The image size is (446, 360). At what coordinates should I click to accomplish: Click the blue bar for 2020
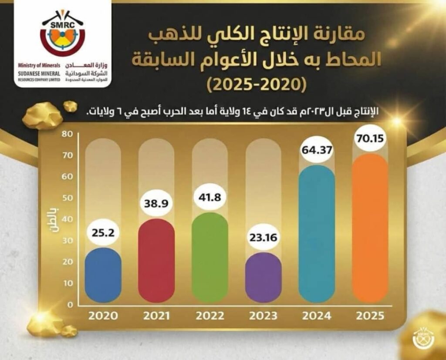103,275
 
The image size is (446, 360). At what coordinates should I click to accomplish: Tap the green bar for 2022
210,257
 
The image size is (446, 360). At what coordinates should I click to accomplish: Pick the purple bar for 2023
263,277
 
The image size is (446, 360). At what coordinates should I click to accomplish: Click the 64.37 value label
317,152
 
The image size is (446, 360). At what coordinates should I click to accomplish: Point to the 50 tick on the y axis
66,198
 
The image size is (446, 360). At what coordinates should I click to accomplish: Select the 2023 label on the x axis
263,316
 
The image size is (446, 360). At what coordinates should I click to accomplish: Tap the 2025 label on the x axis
370,316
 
